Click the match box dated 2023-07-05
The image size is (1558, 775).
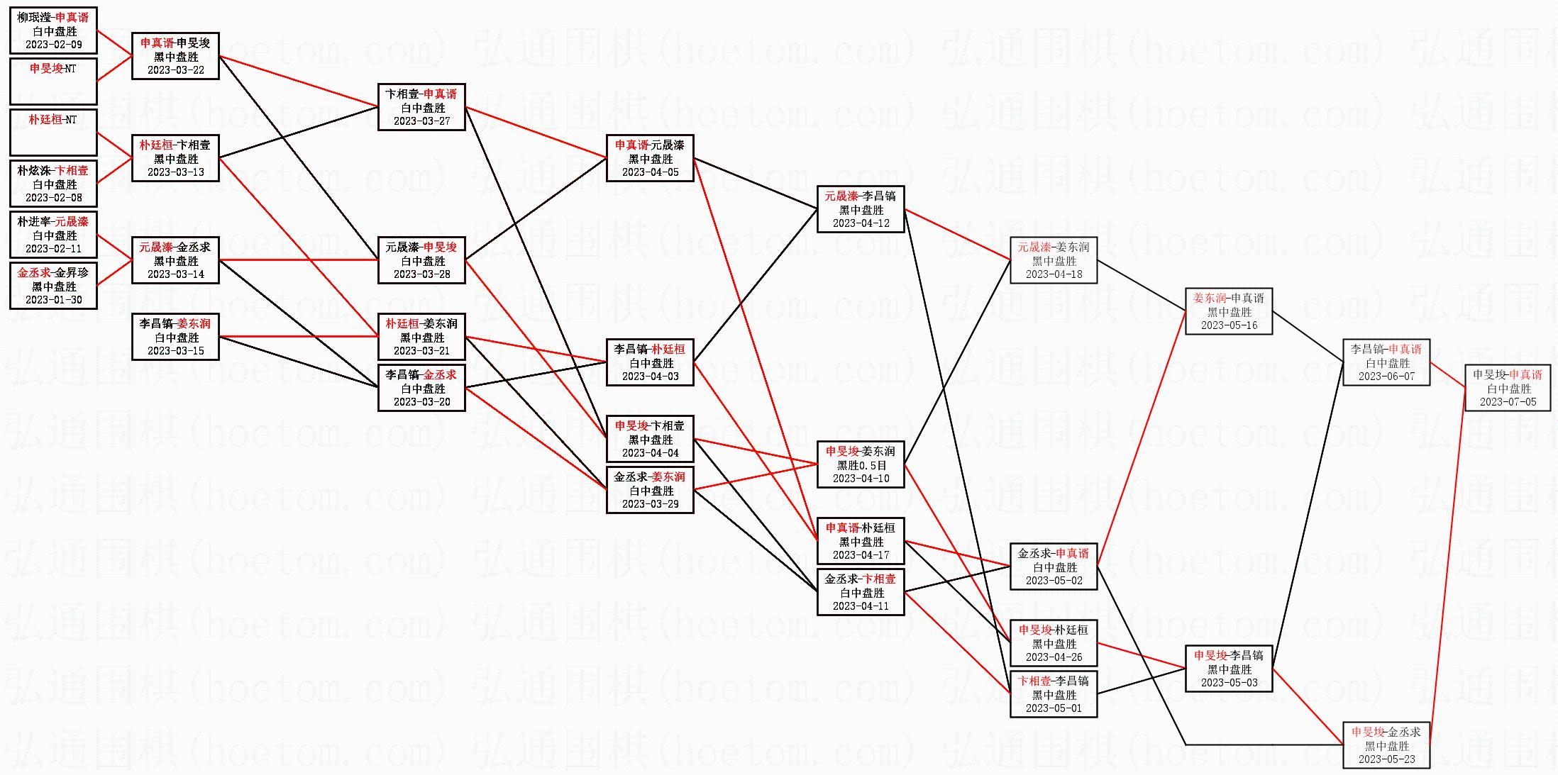point(1508,388)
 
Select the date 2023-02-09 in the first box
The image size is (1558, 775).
point(54,45)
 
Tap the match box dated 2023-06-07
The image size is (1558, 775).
point(1386,362)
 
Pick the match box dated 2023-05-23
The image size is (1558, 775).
point(1386,745)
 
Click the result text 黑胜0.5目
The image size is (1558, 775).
point(861,465)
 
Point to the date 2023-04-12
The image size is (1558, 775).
point(861,223)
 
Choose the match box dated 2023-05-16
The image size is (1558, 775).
point(1229,311)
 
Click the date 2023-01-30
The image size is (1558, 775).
point(54,300)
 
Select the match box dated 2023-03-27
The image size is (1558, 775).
point(422,107)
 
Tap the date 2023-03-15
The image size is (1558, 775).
point(176,351)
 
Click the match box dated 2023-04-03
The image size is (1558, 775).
point(650,362)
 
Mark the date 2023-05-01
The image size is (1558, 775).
point(1054,708)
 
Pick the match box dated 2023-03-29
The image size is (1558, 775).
point(650,490)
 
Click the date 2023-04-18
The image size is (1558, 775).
point(1054,274)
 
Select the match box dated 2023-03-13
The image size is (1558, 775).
point(176,158)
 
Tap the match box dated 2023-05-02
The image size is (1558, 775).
point(1054,567)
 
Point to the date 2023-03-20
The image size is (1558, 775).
point(422,402)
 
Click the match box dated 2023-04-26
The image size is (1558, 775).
point(1054,643)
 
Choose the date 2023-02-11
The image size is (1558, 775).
point(54,249)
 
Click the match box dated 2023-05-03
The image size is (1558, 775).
point(1229,669)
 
